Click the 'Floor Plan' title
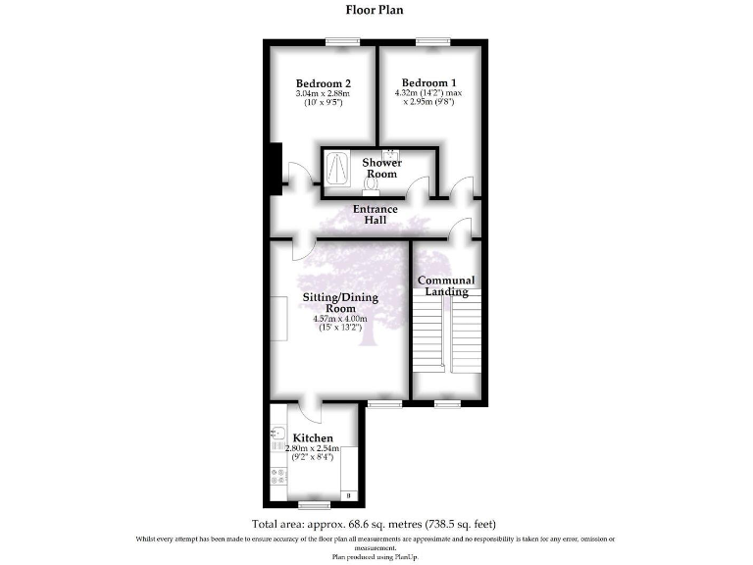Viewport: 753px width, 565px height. click(x=376, y=11)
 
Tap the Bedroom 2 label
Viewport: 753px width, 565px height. click(x=324, y=83)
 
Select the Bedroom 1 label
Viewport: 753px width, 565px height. click(x=428, y=81)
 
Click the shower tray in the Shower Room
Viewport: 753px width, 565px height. click(x=337, y=168)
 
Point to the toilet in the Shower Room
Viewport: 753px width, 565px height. click(x=372, y=184)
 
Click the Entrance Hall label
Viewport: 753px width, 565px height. click(x=376, y=214)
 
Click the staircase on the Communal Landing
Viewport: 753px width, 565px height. click(x=446, y=334)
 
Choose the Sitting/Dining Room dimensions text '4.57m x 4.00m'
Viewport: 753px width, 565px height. click(x=338, y=318)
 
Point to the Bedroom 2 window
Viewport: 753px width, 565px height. click(x=341, y=40)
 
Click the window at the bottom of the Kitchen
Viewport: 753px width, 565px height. click(x=315, y=505)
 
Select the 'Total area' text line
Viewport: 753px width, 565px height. click(x=380, y=525)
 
